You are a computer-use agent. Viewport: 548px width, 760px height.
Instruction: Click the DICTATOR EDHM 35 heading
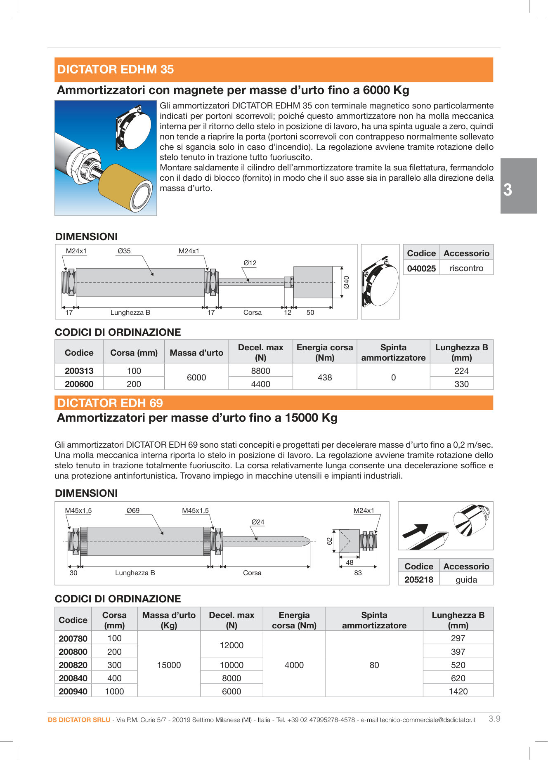coord(116,69)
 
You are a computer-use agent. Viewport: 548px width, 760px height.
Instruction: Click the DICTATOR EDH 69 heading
coord(110,403)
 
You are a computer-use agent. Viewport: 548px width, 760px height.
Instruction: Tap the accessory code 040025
coord(421,269)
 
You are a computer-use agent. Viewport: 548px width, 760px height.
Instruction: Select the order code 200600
coord(79,384)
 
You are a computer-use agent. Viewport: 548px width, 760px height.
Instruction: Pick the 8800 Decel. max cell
coord(260,371)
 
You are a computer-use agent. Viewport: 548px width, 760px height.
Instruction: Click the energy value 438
coord(325,378)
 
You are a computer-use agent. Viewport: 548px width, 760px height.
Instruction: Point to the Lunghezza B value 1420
coord(458,692)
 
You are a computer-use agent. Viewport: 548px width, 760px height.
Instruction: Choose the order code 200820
coord(73,665)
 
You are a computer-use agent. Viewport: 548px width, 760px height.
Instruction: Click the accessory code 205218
coord(419,580)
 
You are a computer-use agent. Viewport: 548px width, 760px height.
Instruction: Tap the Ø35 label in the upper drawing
coord(124,251)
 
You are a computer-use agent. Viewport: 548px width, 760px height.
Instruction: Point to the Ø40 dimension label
coord(347,282)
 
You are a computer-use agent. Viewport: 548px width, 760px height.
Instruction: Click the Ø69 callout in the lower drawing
coord(133,510)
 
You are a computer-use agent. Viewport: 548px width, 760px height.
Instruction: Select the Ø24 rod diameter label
coord(258,522)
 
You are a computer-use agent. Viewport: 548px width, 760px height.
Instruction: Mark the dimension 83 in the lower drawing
coord(358,573)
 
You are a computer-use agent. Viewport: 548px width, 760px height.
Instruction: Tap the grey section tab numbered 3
coord(518,186)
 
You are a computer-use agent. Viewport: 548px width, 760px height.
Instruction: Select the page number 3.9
coord(494,719)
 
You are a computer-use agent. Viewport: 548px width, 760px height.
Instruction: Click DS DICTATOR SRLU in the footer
coord(79,720)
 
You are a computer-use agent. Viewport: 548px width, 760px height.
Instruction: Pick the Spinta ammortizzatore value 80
coord(374,665)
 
